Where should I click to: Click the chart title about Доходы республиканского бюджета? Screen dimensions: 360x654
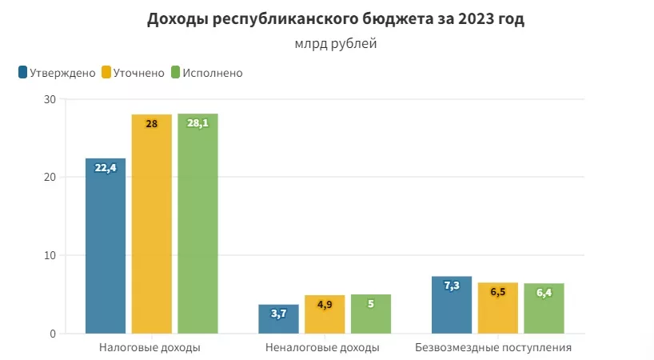point(335,20)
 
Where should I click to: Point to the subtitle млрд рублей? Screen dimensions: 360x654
point(335,44)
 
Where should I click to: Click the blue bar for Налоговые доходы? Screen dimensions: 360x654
point(106,248)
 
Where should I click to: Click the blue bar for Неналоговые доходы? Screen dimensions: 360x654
point(278,320)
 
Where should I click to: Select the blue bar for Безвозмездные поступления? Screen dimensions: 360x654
point(452,306)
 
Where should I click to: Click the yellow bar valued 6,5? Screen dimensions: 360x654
point(497,310)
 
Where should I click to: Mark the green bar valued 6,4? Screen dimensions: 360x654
point(544,310)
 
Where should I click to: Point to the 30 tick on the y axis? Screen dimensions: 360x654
point(50,99)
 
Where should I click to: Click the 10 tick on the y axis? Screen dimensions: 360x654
point(50,255)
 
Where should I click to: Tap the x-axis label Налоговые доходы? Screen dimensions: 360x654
point(150,348)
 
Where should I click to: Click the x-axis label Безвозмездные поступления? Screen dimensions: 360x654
point(493,348)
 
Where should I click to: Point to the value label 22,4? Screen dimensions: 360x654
point(106,168)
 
